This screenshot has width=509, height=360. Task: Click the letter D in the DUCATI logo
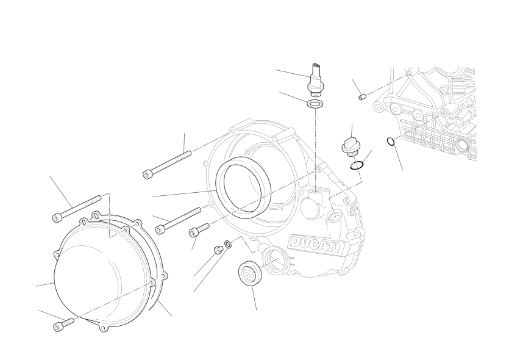[296, 242]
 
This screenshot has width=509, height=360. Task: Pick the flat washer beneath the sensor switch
[315, 104]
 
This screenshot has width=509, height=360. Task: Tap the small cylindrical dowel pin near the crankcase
[362, 97]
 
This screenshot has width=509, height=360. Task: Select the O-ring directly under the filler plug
[357, 165]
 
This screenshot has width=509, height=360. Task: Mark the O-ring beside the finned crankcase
[391, 142]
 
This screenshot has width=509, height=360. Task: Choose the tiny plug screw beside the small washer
[218, 250]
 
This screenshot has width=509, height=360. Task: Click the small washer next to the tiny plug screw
[228, 244]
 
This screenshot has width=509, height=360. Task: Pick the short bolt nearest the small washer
[199, 230]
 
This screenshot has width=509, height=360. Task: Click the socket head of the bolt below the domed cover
[58, 326]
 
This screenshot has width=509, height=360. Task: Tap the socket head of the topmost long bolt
[148, 174]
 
